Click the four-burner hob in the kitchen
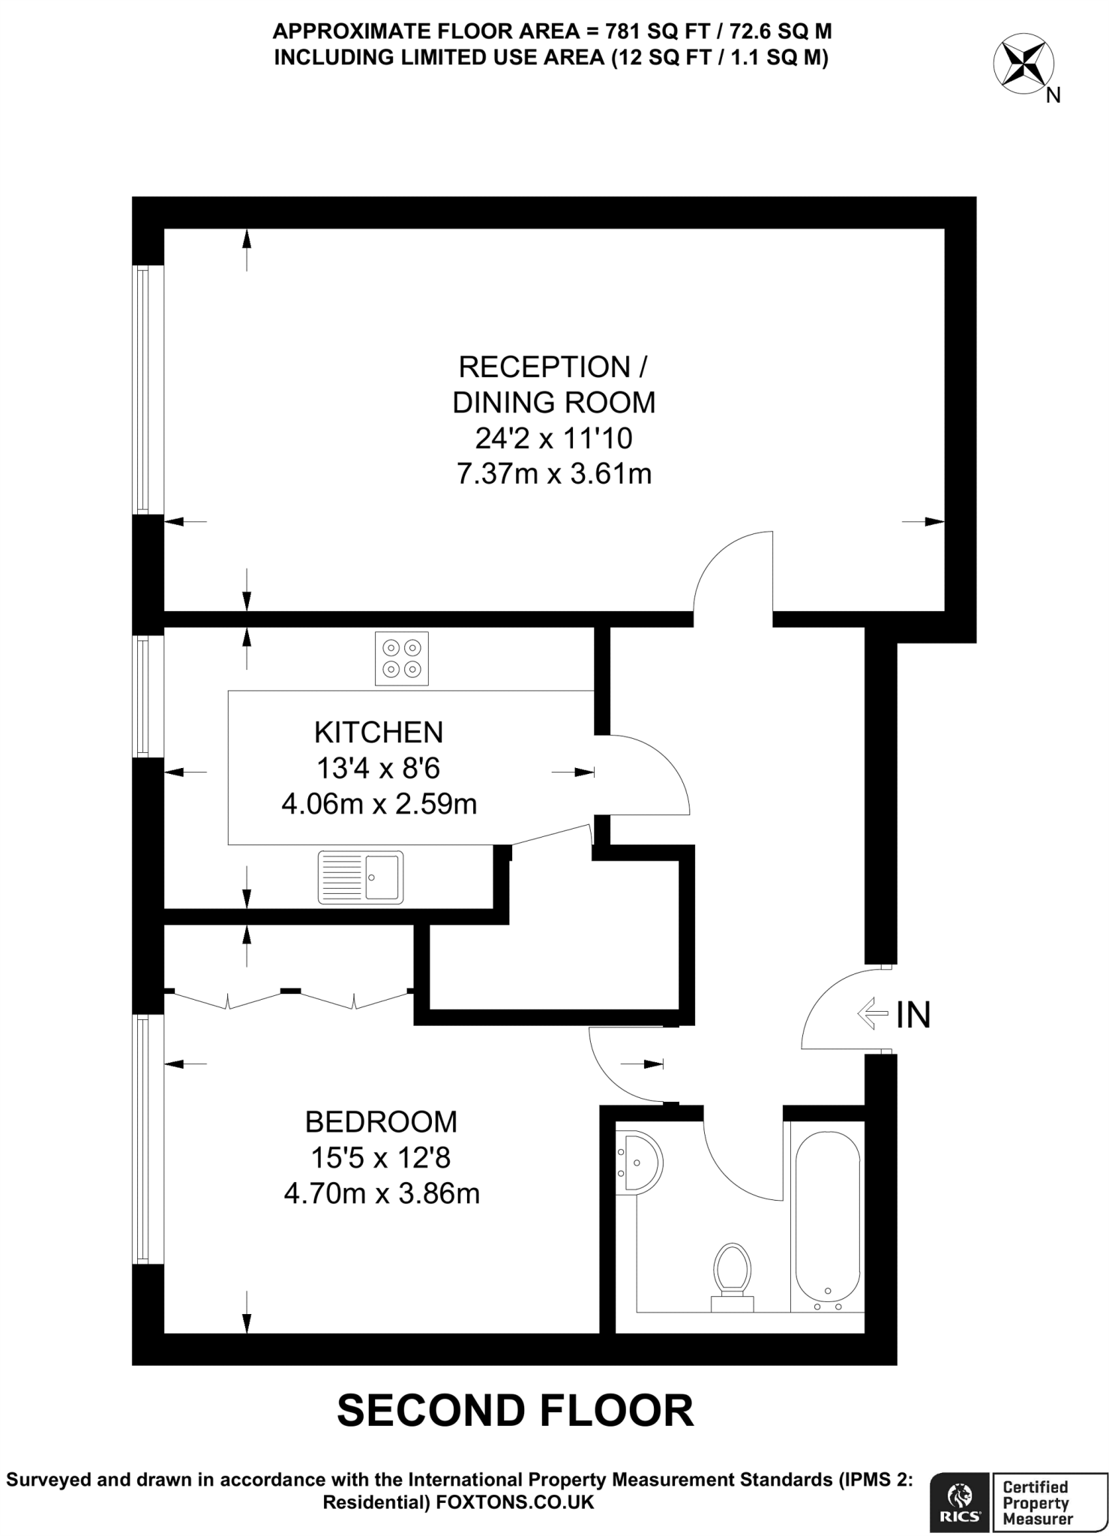coord(402,658)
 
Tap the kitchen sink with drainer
coord(361,876)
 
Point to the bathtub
coord(827,1222)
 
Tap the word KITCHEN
coord(379,732)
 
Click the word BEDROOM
coord(381,1122)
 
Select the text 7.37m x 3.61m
coord(554,474)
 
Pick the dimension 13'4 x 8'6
coord(379,768)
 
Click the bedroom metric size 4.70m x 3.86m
coord(382,1193)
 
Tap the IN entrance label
coord(913,1015)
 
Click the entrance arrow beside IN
coord(872,1015)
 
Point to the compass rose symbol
coord(1023,65)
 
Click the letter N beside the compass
coord(1054,96)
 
